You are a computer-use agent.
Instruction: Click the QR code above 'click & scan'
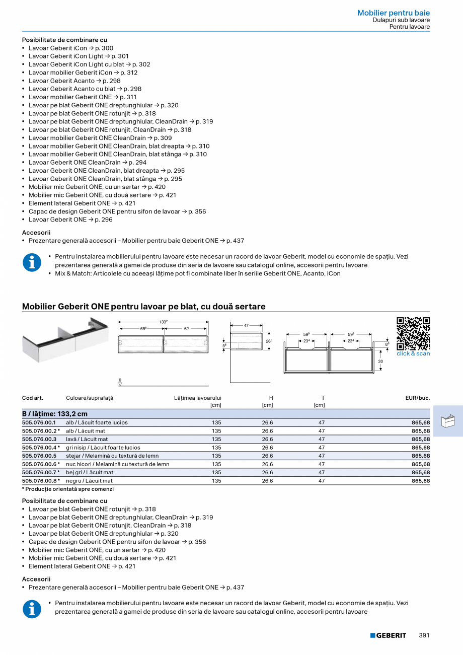[x=413, y=333]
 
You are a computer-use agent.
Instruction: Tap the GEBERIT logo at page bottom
[x=388, y=635]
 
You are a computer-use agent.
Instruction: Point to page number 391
[x=424, y=635]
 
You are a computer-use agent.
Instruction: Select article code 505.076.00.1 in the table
[x=39, y=422]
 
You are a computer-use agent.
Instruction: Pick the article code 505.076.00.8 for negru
[x=40, y=481]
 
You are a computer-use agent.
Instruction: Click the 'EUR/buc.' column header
[x=417, y=398]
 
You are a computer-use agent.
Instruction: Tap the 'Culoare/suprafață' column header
[x=90, y=398]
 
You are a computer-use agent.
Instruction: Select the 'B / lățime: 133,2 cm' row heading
[x=55, y=414]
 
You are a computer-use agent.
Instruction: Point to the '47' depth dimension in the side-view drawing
[x=246, y=326]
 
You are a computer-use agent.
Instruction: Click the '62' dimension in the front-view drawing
[x=186, y=329]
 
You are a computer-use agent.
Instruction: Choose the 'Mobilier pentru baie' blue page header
[x=394, y=13]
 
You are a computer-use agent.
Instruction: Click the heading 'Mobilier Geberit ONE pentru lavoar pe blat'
[x=143, y=306]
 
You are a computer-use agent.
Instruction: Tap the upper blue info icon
[x=32, y=263]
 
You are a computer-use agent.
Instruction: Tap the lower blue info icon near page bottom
[x=32, y=609]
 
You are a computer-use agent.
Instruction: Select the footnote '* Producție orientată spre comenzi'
[x=68, y=489]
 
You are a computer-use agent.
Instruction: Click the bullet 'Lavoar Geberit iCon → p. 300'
[x=71, y=48]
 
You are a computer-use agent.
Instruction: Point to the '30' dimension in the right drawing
[x=380, y=361]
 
